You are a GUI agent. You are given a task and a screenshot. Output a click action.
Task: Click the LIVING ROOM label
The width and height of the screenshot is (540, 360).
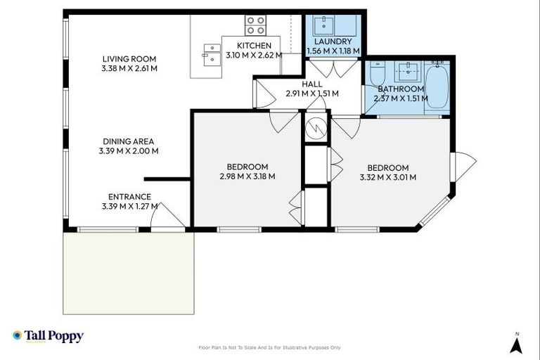pyautogui.click(x=129, y=59)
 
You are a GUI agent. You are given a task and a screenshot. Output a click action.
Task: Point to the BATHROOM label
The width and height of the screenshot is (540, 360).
pyautogui.click(x=401, y=89)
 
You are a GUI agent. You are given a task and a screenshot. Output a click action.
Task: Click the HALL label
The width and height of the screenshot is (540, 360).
pyautogui.click(x=312, y=84)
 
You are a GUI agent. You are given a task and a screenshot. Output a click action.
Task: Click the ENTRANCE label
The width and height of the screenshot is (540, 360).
pyautogui.click(x=129, y=197)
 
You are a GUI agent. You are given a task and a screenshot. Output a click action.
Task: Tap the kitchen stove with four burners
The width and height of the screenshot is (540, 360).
pyautogui.click(x=256, y=25)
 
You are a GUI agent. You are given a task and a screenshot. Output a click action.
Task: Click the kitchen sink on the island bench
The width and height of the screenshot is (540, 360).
pyautogui.click(x=211, y=53)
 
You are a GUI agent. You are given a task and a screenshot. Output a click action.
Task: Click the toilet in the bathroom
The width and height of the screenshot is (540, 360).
pyautogui.click(x=377, y=74)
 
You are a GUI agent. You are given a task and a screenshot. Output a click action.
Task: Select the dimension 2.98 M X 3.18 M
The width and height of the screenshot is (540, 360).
pyautogui.click(x=247, y=176)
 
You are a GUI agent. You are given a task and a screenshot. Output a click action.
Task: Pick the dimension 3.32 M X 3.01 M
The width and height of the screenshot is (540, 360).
pyautogui.click(x=387, y=177)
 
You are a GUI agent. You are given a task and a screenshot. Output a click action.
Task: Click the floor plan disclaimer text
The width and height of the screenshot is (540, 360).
pyautogui.click(x=270, y=347)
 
